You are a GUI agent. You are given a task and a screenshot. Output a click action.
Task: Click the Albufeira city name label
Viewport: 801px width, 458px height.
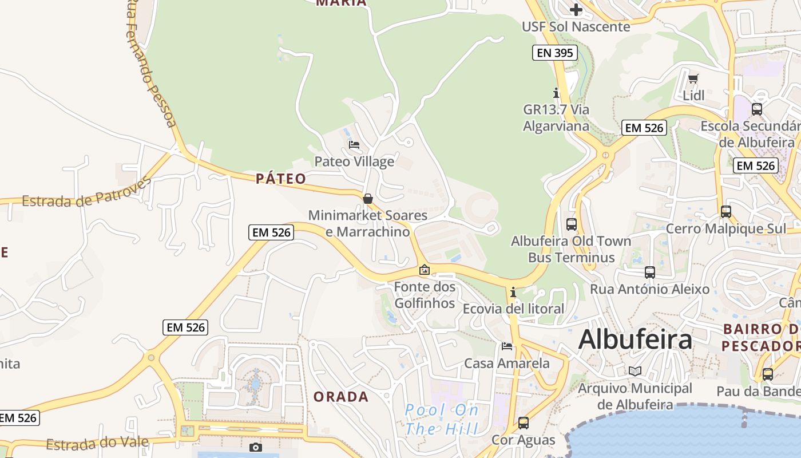pos(635,339)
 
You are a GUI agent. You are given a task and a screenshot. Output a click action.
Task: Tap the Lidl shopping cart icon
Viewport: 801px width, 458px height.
pos(693,78)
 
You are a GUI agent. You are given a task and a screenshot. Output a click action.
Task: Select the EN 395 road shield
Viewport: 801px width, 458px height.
pos(554,53)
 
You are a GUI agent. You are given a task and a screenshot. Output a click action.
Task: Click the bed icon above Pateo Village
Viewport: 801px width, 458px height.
pos(354,145)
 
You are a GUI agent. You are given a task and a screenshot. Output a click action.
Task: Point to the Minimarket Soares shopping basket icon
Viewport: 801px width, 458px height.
pos(368,199)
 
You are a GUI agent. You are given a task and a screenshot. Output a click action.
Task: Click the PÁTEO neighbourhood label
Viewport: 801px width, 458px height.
pos(281,179)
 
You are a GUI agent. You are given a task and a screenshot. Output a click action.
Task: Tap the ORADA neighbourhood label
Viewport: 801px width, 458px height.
pos(341,397)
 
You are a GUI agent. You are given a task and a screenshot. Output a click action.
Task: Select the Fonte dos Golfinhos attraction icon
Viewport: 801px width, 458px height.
pos(425,269)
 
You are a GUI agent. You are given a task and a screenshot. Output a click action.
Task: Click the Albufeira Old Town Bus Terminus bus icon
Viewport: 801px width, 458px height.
pos(571,224)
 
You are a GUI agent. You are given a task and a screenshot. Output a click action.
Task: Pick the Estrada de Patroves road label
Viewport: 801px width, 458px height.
pos(86,193)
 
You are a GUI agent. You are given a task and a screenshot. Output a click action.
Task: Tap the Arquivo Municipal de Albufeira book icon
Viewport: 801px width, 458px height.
pos(635,371)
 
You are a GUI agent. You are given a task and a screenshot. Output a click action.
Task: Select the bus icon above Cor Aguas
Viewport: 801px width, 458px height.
pos(523,423)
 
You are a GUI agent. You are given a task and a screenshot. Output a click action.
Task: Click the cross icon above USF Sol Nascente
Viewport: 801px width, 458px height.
pos(576,9)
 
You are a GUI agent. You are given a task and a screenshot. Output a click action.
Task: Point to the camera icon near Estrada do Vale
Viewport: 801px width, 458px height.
pos(256,447)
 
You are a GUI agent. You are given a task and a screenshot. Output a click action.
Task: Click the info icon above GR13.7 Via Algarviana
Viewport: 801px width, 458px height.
pos(556,93)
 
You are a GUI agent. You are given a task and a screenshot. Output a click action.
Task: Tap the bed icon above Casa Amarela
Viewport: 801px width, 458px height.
pos(507,346)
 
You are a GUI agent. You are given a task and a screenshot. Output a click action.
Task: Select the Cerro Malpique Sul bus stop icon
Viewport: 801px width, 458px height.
pos(725,212)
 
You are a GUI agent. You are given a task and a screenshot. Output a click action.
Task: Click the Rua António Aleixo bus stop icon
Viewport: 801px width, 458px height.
pos(649,273)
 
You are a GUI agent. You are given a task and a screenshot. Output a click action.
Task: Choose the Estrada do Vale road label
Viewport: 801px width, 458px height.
pos(97,443)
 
